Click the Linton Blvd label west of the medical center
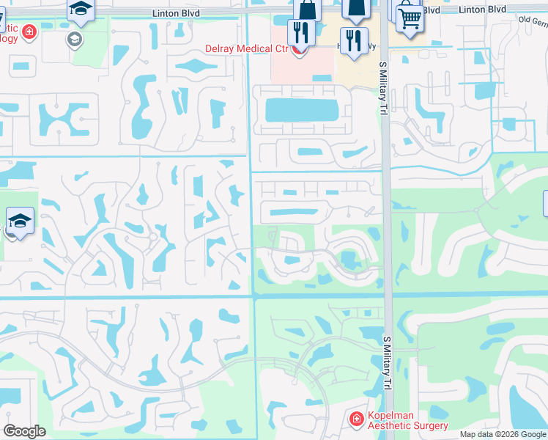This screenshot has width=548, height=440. [x=175, y=13]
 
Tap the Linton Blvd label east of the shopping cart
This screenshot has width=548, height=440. [x=482, y=10]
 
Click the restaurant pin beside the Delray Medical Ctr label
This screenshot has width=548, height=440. [x=300, y=33]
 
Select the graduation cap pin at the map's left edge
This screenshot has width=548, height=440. [x=20, y=221]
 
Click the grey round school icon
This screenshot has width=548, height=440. [x=74, y=39]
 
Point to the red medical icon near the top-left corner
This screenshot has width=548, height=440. [x=29, y=32]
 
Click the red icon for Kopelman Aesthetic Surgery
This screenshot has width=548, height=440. [x=357, y=419]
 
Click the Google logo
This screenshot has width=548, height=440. [x=25, y=431]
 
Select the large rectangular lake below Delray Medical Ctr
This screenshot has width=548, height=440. [x=301, y=111]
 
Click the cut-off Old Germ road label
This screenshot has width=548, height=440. [x=533, y=21]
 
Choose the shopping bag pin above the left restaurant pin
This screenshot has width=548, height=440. [x=307, y=9]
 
